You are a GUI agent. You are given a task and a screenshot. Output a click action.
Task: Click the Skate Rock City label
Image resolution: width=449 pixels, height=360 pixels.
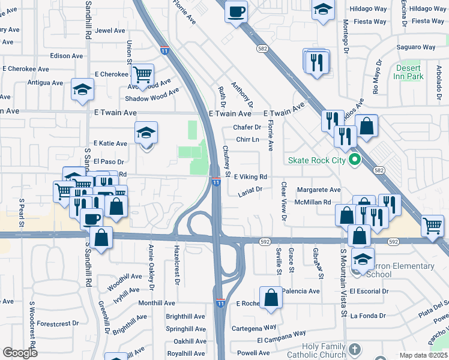317,160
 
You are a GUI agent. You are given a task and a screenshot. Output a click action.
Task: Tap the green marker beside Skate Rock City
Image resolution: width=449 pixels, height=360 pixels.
354,160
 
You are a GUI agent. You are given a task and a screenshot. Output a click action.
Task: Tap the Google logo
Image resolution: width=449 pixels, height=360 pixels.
20,353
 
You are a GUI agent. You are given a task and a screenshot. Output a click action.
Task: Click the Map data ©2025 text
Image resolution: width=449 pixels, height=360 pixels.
423,355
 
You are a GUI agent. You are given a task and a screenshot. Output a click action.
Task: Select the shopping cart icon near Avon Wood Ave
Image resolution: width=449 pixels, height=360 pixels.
143,76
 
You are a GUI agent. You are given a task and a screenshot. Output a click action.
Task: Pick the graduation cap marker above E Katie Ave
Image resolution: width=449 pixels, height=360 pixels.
146,133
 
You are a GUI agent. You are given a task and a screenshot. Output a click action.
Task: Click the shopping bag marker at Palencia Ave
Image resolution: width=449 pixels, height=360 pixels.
271,297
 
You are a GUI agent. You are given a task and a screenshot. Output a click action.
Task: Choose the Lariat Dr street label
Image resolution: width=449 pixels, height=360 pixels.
250,190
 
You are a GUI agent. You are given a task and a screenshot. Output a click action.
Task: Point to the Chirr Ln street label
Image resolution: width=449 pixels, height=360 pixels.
247,139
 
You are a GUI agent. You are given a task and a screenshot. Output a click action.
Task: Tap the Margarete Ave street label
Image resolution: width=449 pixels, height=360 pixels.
319,190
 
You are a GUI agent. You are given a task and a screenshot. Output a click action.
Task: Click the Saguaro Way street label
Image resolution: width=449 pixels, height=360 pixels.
416,47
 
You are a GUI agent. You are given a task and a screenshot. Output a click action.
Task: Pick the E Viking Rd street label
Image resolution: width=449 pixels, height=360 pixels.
250,177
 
